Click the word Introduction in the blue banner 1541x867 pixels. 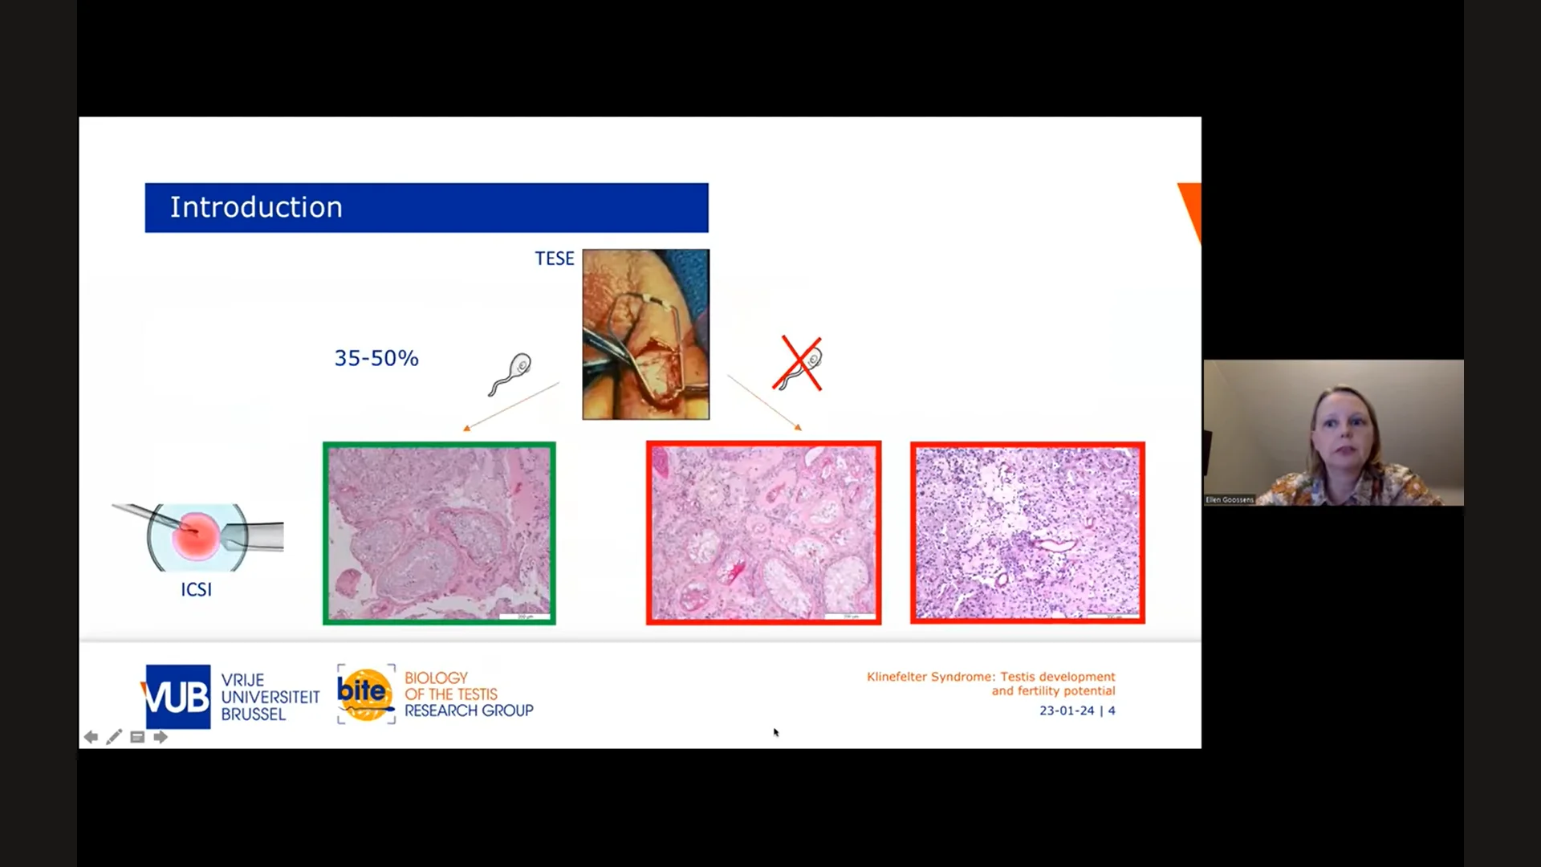click(256, 208)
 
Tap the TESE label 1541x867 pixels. click(555, 258)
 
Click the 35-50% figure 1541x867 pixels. click(376, 358)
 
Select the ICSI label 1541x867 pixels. click(196, 590)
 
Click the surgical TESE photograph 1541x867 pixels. click(646, 334)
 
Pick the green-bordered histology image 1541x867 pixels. click(439, 533)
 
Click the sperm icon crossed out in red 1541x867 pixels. click(799, 365)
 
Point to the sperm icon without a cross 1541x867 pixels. click(510, 374)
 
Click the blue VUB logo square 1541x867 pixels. click(177, 697)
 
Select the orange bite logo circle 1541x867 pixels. click(365, 694)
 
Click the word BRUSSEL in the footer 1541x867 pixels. click(253, 714)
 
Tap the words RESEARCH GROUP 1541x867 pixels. click(469, 711)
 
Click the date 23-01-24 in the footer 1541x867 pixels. click(1067, 710)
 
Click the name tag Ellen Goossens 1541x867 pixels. click(1229, 500)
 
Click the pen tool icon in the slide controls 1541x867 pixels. click(114, 737)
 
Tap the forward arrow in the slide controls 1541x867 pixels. click(161, 737)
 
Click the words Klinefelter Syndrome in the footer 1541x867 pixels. click(929, 677)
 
